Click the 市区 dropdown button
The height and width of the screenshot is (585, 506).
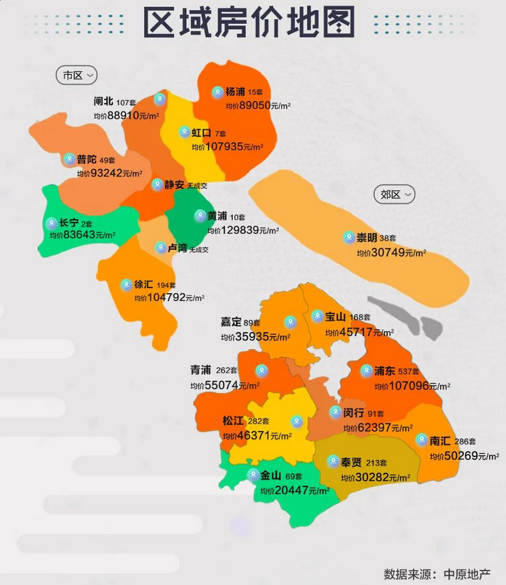click(x=77, y=76)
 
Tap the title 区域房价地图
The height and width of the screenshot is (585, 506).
click(x=249, y=24)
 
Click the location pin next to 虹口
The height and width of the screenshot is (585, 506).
click(x=183, y=132)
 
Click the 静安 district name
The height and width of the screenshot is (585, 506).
click(x=175, y=184)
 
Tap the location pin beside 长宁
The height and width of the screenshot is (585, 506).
click(x=51, y=222)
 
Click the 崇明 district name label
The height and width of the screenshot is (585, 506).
click(x=367, y=238)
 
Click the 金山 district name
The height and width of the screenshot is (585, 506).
click(x=271, y=476)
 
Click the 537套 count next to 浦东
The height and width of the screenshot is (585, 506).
click(x=409, y=372)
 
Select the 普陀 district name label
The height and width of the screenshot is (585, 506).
click(x=86, y=160)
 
